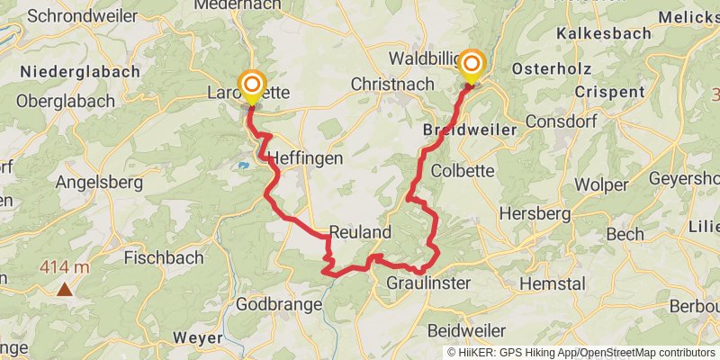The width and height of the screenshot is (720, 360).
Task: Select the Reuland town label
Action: point(360,232)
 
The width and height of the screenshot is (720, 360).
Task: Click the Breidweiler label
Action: point(469,130)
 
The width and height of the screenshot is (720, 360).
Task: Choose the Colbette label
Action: point(463,171)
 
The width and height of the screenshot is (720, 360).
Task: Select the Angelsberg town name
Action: point(100,183)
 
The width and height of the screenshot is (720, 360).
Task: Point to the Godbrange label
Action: point(278,304)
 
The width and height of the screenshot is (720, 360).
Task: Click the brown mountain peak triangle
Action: point(65,289)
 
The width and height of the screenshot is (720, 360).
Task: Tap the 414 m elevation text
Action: point(64,266)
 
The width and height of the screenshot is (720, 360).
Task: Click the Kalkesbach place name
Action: point(602,32)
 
